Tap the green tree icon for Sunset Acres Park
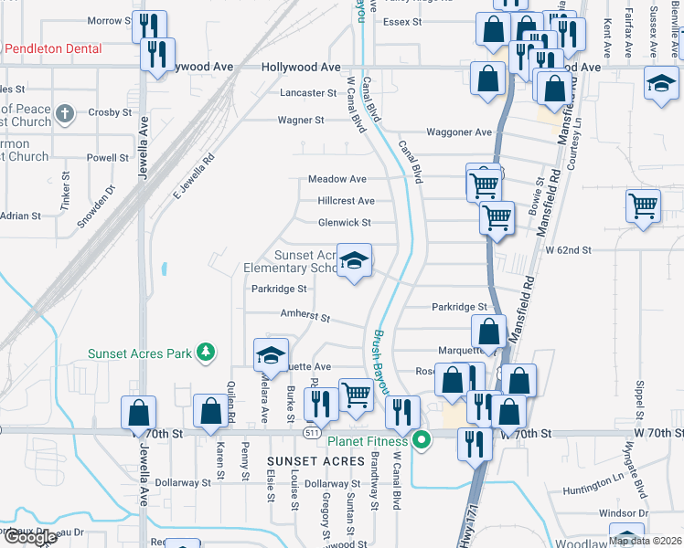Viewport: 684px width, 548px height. pyautogui.click(x=207, y=352)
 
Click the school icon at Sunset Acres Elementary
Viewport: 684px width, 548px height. pyautogui.click(x=353, y=262)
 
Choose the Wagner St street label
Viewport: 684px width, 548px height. pyautogui.click(x=301, y=120)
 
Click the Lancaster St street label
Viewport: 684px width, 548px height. pyautogui.click(x=308, y=93)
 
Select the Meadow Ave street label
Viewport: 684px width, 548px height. pyautogui.click(x=337, y=179)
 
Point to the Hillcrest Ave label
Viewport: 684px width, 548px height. pyautogui.click(x=346, y=201)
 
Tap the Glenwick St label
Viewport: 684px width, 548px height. pyautogui.click(x=344, y=223)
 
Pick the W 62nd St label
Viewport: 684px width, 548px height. pyautogui.click(x=569, y=249)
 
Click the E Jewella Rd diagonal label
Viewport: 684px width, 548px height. pyautogui.click(x=193, y=175)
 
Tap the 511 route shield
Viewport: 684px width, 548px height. pyautogui.click(x=313, y=431)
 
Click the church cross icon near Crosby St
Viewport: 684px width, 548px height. pyautogui.click(x=63, y=113)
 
